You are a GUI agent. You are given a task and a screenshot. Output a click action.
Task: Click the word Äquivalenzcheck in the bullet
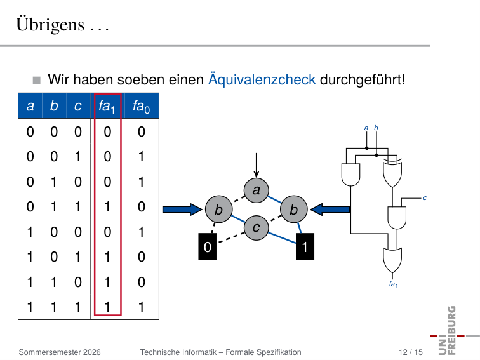pos(262,79)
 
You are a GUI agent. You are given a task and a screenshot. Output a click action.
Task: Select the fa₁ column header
pos(107,107)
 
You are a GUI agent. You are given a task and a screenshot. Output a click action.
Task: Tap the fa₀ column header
pos(141,107)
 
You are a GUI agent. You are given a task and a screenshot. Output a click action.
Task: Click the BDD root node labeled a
pos(257,190)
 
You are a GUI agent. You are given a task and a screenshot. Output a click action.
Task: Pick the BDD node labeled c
pos(257,228)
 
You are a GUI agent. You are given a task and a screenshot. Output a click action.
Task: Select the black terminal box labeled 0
pos(208,247)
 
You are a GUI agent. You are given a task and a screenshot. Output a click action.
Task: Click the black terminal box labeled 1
pos(305,247)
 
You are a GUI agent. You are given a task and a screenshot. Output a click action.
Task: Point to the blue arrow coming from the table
pos(182,210)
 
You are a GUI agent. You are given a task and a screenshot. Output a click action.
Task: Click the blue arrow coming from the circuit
pos(330,210)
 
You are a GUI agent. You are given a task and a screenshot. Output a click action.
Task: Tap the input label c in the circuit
pos(425,198)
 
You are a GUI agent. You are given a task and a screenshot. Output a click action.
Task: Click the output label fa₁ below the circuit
pos(394,284)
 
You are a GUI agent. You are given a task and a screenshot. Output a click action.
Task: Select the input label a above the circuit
pos(366,128)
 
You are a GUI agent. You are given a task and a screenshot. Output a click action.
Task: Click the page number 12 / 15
pos(411,352)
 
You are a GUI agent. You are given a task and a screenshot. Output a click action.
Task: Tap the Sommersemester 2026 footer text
pos(60,352)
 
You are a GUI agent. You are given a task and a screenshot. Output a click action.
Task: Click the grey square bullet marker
pos(37,80)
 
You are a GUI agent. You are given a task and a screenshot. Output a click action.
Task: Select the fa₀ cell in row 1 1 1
pos(141,307)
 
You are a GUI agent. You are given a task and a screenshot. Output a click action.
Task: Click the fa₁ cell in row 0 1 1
pos(107,207)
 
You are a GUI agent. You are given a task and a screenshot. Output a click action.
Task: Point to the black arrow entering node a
pos(257,165)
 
